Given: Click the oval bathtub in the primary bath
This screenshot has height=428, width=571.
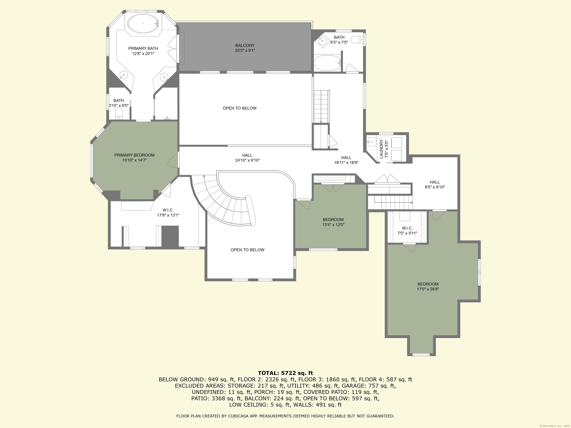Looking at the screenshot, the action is pyautogui.click(x=143, y=23).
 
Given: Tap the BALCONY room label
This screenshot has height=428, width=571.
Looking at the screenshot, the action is pyautogui.click(x=245, y=45).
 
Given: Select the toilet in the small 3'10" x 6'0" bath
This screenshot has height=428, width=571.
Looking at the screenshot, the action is pyautogui.click(x=119, y=114).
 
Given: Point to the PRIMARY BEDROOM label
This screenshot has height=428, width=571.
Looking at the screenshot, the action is pyautogui.click(x=135, y=155).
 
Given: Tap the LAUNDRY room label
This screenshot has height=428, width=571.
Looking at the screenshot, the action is pyautogui.click(x=381, y=149).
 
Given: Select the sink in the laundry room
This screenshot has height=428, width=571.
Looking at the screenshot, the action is pyautogui.click(x=372, y=142).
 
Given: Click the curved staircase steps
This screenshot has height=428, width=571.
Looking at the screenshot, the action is pyautogui.click(x=223, y=204).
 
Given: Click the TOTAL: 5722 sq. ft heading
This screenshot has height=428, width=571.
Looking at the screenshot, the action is pyautogui.click(x=285, y=373).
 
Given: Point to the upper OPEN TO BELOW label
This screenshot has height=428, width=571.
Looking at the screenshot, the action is pyautogui.click(x=240, y=108).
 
